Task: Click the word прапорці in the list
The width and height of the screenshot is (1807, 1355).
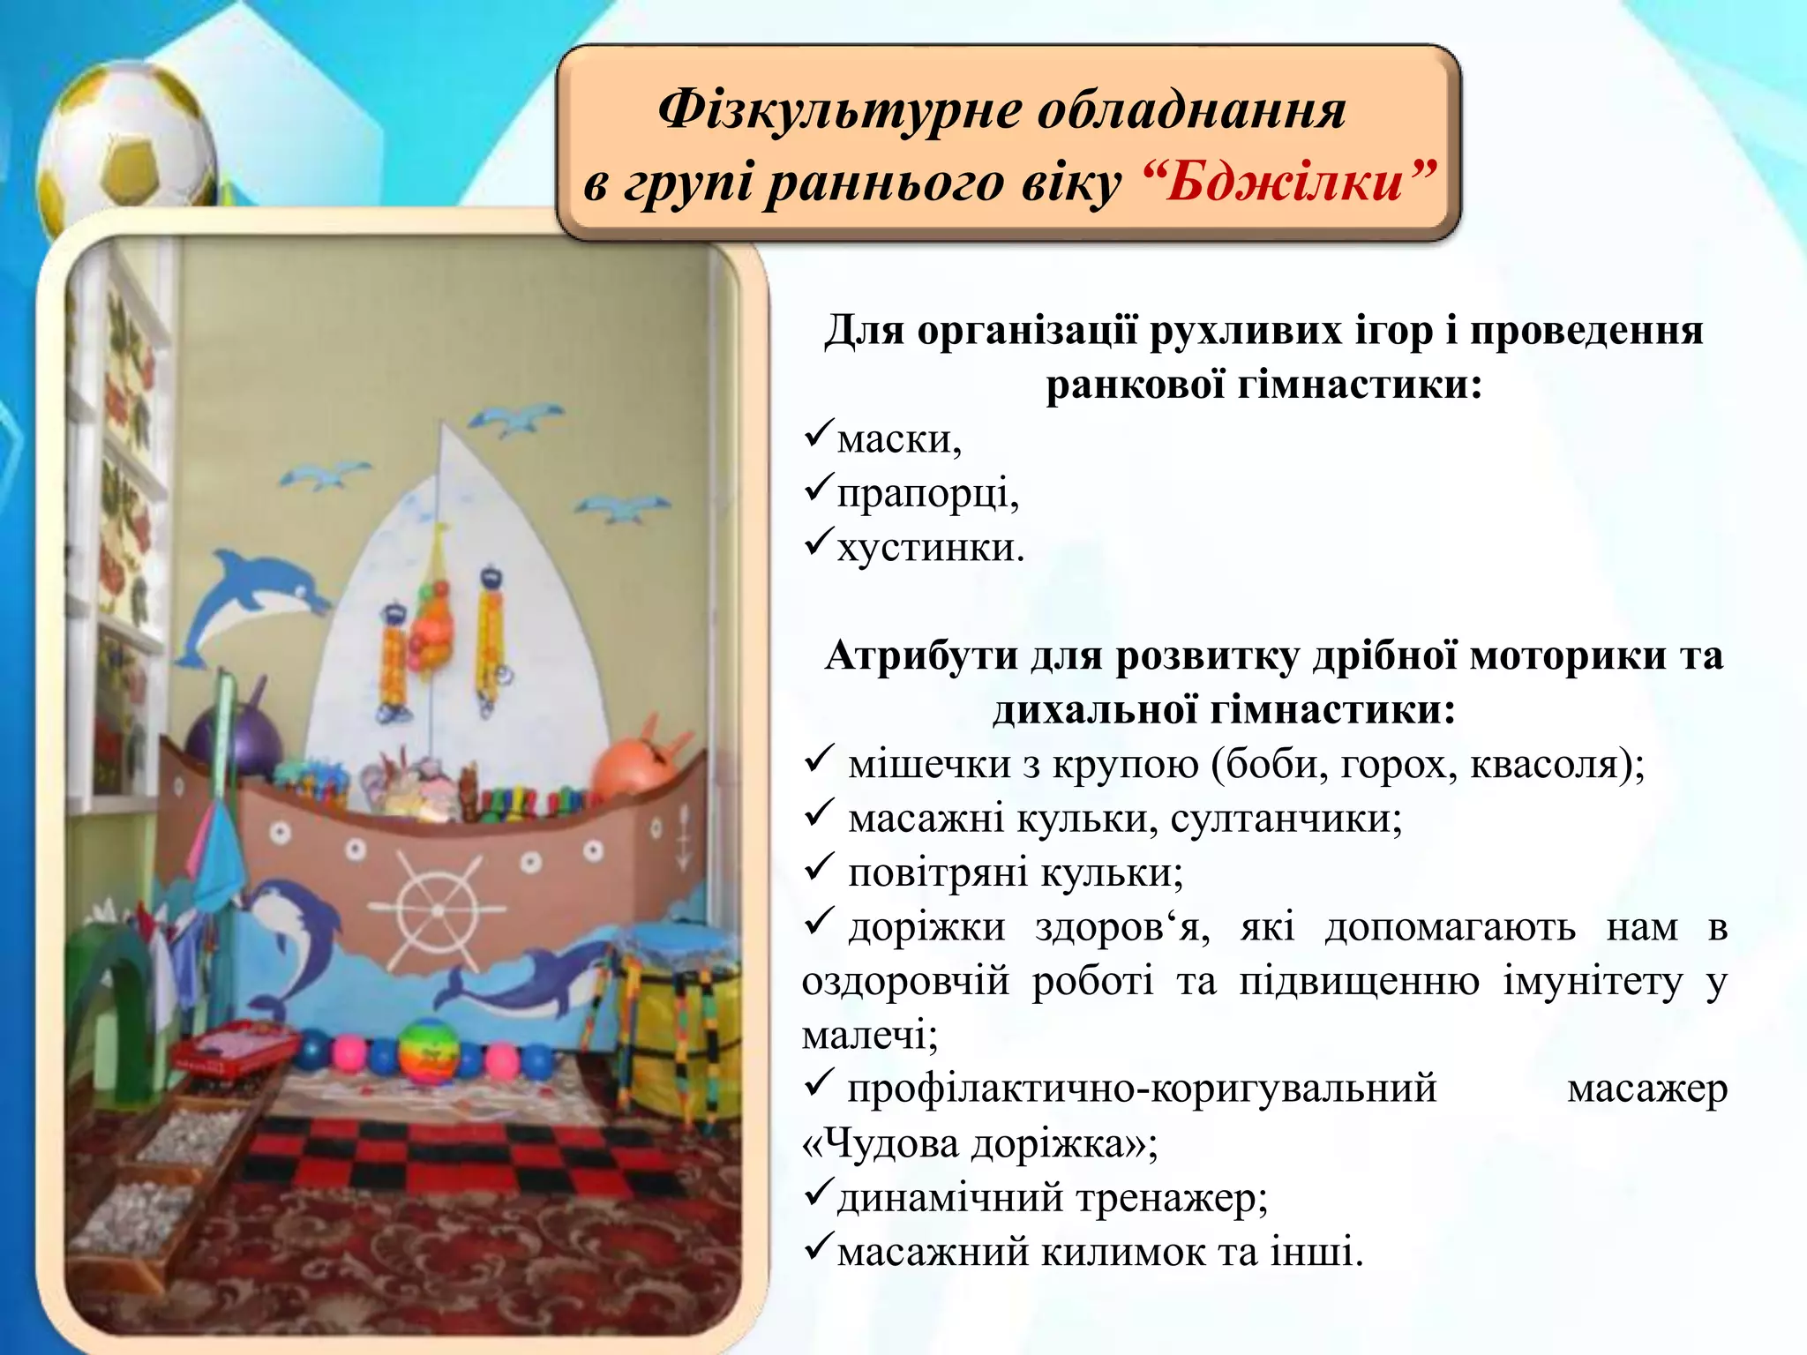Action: [924, 494]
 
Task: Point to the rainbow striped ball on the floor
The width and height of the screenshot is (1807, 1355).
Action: [429, 1049]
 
